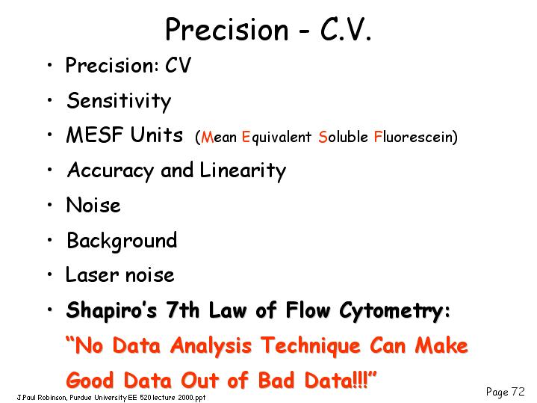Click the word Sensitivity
(119, 102)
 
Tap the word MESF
(95, 135)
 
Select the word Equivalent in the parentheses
(276, 137)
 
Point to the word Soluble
(343, 137)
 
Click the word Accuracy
(111, 170)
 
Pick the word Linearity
(243, 170)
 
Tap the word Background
(122, 242)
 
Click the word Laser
(93, 274)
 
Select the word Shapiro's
(111, 311)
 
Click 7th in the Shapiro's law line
(182, 310)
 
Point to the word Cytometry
(391, 311)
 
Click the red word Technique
(310, 345)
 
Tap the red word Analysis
(211, 345)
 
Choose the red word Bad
(276, 380)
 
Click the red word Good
(90, 380)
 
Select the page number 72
(518, 391)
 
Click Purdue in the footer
(81, 398)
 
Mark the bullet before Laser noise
(50, 274)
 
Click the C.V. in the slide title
(345, 30)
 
